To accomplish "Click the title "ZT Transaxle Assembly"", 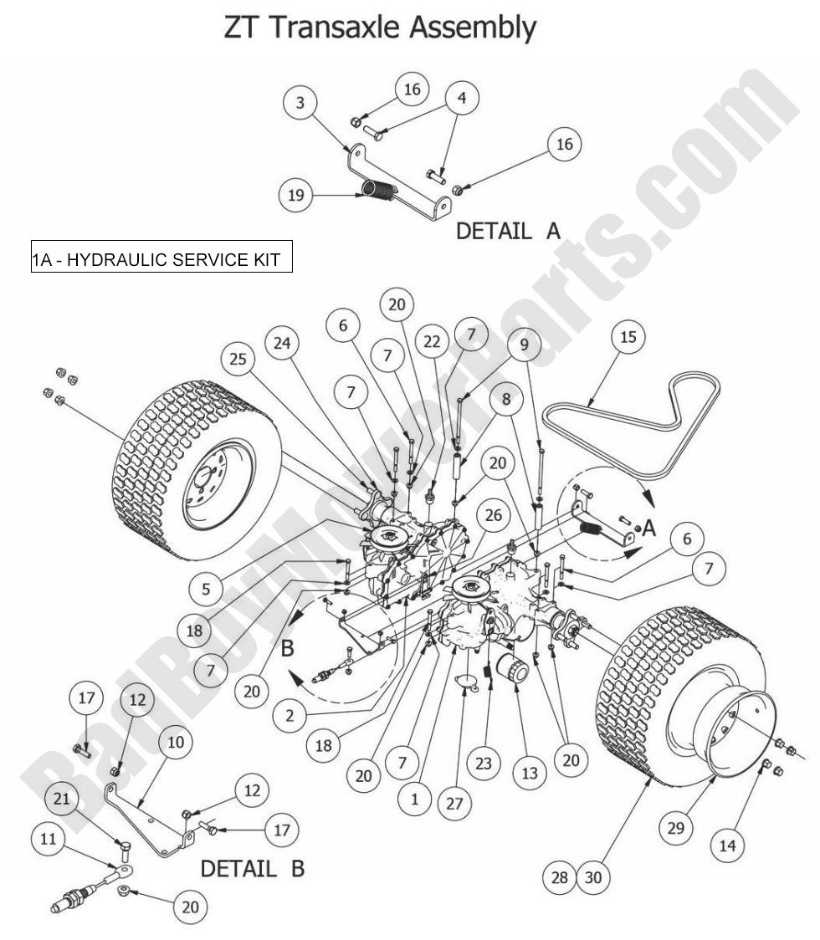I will [x=379, y=28].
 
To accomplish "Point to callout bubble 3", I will [x=299, y=104].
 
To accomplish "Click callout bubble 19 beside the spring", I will [x=296, y=197].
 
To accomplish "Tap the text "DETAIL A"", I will [x=507, y=232].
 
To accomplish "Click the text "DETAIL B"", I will [x=251, y=869].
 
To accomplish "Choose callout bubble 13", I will [x=529, y=774].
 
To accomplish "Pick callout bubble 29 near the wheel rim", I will [x=675, y=828].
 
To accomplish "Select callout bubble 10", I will [x=177, y=741].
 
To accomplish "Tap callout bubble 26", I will [x=494, y=515].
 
